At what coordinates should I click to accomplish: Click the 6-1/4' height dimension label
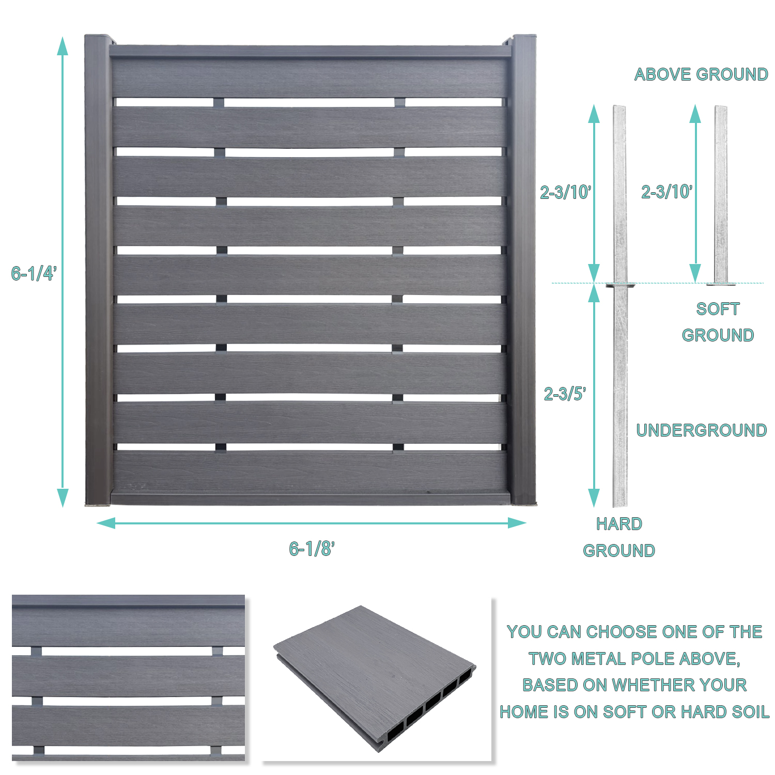pos(34,273)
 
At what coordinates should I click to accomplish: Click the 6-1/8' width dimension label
pos(312,549)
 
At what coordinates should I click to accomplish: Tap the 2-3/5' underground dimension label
pos(564,394)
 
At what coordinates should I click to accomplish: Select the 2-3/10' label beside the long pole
pos(565,192)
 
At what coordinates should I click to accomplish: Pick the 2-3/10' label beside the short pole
pos(667,192)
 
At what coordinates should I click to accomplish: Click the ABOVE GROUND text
pos(701,74)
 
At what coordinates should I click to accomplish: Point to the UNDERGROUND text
pos(701,430)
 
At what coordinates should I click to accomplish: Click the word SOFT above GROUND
pos(718,309)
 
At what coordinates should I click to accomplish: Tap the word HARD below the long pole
pos(618,524)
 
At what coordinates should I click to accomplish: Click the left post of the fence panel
pos(98,269)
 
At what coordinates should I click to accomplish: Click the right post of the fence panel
pos(523,269)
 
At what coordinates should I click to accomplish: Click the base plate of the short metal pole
pos(721,283)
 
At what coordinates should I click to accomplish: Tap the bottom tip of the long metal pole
pos(620,504)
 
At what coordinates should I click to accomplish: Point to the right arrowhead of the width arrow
pos(518,523)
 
